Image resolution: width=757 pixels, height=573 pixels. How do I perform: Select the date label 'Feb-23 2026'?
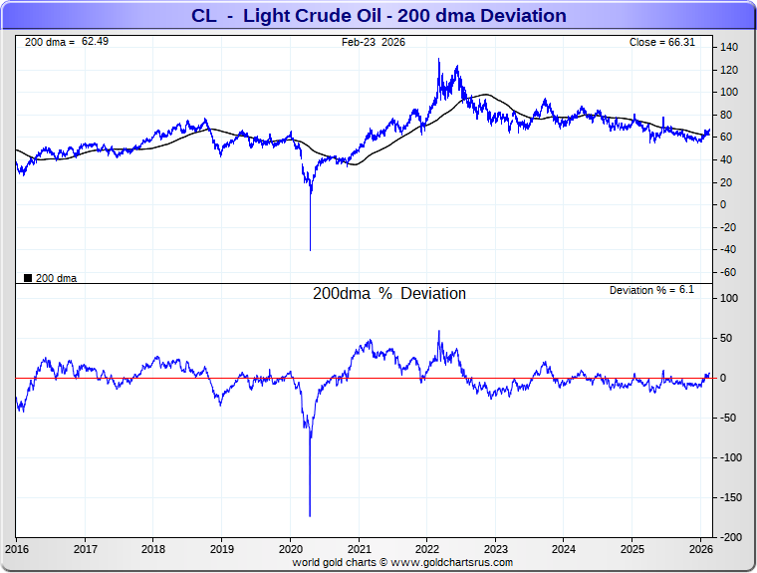(374, 42)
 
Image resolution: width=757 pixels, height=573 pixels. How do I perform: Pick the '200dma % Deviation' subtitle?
(389, 294)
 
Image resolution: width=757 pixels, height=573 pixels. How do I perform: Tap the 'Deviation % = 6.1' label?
(651, 290)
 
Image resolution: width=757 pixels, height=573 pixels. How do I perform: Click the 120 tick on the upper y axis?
(730, 70)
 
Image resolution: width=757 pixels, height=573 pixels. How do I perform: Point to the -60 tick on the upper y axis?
(729, 272)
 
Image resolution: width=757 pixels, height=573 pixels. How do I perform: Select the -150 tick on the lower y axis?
(730, 497)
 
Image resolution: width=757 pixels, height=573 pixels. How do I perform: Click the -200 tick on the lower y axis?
(730, 537)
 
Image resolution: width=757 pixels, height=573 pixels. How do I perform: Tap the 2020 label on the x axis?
(290, 549)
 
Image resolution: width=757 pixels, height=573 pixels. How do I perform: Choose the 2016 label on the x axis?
(17, 549)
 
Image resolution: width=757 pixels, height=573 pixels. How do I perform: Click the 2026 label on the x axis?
(700, 549)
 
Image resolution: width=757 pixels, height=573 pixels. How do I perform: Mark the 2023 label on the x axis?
(495, 549)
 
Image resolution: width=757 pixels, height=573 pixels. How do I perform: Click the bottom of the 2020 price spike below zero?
(310, 250)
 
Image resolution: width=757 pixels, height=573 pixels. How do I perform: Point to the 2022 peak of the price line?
(439, 60)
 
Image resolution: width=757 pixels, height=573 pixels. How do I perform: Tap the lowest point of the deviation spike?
(310, 516)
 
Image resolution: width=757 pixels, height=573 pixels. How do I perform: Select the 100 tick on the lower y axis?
(730, 298)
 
